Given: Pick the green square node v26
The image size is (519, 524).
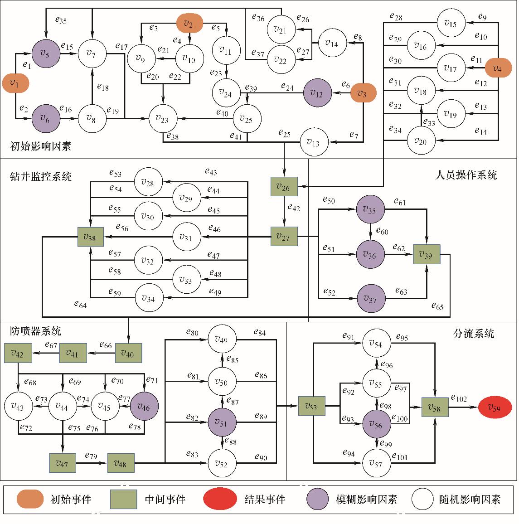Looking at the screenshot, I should click(x=284, y=187).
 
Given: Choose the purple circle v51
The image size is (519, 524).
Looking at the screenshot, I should click(x=222, y=422).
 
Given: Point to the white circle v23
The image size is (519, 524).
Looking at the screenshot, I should click(x=163, y=119).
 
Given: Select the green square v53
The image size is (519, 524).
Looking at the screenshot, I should click(x=311, y=406).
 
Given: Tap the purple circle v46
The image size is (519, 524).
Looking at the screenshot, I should click(x=144, y=406).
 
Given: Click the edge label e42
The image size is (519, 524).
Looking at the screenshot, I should click(x=294, y=208).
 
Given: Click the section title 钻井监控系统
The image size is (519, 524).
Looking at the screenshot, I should click(x=41, y=176).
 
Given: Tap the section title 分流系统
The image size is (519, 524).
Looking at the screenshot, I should click(x=474, y=334).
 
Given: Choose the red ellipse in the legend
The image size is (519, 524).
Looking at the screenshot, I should click(x=220, y=499).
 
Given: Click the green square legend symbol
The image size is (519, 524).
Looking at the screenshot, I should click(x=123, y=499).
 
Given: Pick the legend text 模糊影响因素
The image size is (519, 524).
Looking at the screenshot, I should click(x=366, y=500).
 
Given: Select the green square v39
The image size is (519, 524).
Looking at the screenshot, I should click(x=426, y=255).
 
